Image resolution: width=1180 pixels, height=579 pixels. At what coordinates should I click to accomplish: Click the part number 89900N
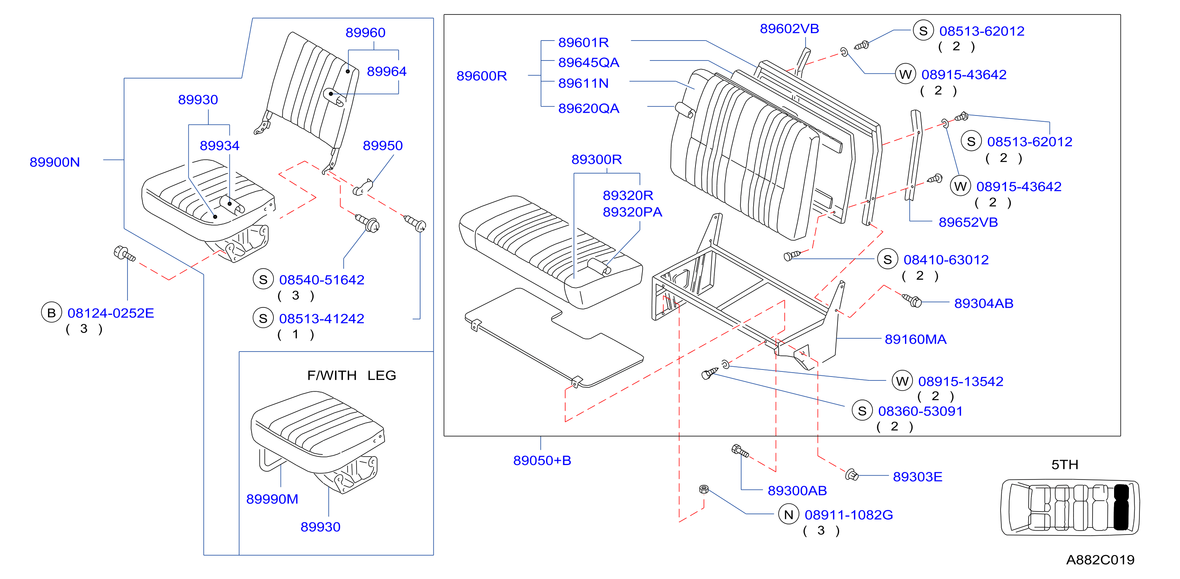point(55,162)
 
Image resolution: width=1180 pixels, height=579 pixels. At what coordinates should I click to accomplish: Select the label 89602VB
point(789,29)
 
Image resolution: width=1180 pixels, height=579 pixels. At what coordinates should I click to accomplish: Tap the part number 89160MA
point(915,339)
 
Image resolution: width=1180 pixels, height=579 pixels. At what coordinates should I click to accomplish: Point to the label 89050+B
point(542,460)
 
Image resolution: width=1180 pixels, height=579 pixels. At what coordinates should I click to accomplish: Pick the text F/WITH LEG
point(351,376)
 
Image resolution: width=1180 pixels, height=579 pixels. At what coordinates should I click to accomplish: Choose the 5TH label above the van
point(1065,465)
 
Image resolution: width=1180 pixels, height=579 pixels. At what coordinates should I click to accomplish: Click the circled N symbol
point(788,514)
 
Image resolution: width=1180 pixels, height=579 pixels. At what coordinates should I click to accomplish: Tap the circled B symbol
point(51,313)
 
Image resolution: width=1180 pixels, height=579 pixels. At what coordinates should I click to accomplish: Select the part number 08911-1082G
point(848,515)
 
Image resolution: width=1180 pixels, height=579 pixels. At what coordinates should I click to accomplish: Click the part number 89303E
point(917,477)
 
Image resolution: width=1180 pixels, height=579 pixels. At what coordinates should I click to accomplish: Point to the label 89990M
point(272,499)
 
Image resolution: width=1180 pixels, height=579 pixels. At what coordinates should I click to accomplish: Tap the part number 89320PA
point(632,213)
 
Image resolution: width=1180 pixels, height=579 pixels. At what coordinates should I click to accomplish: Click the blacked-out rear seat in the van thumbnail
point(1121,507)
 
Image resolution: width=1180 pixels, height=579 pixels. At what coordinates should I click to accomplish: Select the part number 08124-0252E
point(110,313)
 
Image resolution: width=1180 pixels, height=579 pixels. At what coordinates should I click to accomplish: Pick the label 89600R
point(481,76)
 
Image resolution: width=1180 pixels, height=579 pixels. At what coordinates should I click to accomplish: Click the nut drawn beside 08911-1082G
point(704,489)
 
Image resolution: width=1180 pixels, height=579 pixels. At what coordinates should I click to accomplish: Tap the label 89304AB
point(983,304)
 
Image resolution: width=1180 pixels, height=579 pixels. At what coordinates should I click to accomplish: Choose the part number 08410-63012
point(946,260)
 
